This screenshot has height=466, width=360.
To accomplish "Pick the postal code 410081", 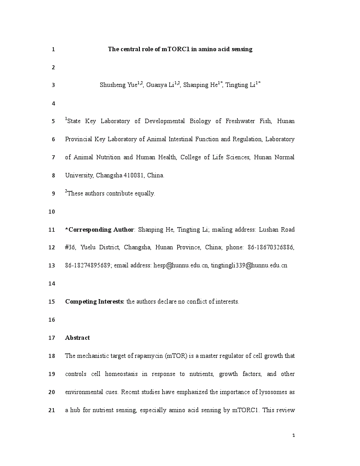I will click(132, 176).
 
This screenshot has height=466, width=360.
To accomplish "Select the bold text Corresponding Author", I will click(101, 230).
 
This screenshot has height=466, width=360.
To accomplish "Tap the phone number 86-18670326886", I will click(271, 248).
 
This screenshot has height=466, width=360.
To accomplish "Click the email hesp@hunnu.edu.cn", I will click(180, 266).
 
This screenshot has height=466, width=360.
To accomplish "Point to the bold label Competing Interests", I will click(94, 302).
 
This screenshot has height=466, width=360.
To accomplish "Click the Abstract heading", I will click(77, 338).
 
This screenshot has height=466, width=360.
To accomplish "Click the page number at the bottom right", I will click(293, 436).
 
